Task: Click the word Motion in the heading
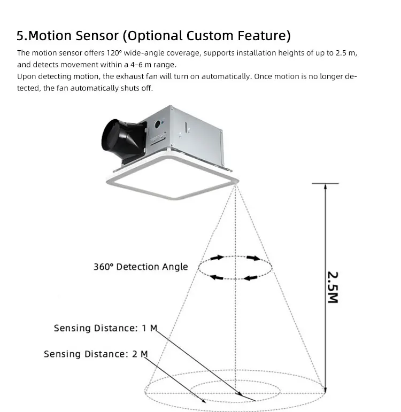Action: click(x=49, y=35)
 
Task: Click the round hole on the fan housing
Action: click(x=158, y=124)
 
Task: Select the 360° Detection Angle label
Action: click(x=141, y=267)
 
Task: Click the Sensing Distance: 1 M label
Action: click(x=105, y=328)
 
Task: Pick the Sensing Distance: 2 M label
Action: click(x=96, y=354)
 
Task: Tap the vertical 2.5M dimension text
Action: click(x=333, y=287)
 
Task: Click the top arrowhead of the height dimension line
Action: click(x=326, y=186)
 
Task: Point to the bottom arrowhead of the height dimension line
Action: click(x=326, y=390)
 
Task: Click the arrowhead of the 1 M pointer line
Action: click(x=240, y=394)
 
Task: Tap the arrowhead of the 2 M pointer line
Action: click(x=203, y=400)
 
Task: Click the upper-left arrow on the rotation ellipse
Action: click(x=217, y=258)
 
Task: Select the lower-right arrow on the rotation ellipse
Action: click(x=251, y=278)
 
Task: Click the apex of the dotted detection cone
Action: click(x=235, y=185)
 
